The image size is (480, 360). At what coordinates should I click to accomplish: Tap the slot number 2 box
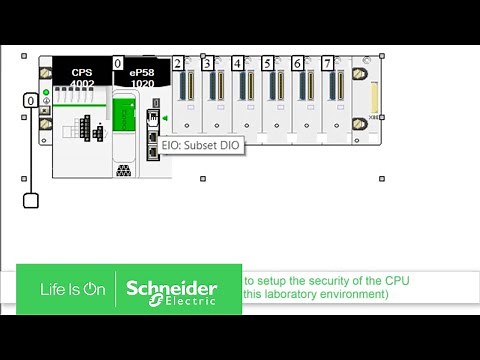(177, 64)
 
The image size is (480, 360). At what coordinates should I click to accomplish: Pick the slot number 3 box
(207, 64)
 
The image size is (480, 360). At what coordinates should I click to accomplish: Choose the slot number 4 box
(237, 64)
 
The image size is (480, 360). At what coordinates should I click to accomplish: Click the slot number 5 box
(267, 64)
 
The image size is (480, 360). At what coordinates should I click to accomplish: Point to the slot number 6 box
(297, 64)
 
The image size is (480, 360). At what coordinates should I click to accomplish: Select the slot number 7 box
(327, 64)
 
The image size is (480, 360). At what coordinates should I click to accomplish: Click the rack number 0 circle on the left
(31, 101)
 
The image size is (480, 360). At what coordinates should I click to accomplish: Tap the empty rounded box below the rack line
(31, 200)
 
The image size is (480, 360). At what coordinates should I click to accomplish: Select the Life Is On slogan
(72, 289)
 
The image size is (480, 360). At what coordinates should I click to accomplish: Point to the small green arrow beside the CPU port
(164, 119)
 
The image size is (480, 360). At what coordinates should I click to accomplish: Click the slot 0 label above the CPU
(118, 64)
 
